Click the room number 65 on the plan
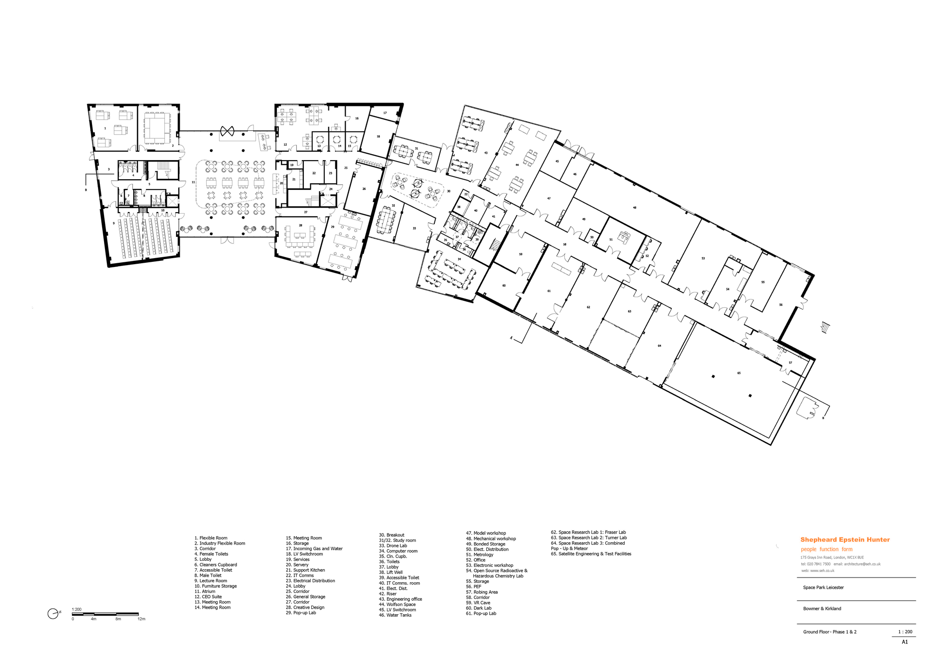click(x=739, y=373)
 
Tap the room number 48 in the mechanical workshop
click(x=635, y=208)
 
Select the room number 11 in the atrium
click(x=193, y=182)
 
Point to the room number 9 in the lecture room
click(x=113, y=223)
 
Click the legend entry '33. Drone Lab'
click(x=396, y=546)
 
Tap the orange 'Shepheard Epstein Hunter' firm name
click(x=845, y=539)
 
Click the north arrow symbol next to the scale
click(x=53, y=614)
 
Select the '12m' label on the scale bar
click(x=141, y=619)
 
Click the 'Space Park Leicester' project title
click(x=823, y=587)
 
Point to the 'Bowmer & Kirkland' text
click(x=822, y=609)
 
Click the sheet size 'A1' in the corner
click(x=904, y=642)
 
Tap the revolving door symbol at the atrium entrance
click(x=227, y=131)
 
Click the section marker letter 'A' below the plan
click(x=511, y=338)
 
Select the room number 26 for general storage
click(x=364, y=189)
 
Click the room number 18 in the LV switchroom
click(x=378, y=136)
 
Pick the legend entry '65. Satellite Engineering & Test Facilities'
click(x=591, y=554)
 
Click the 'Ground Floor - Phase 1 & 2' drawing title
click(x=830, y=632)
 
